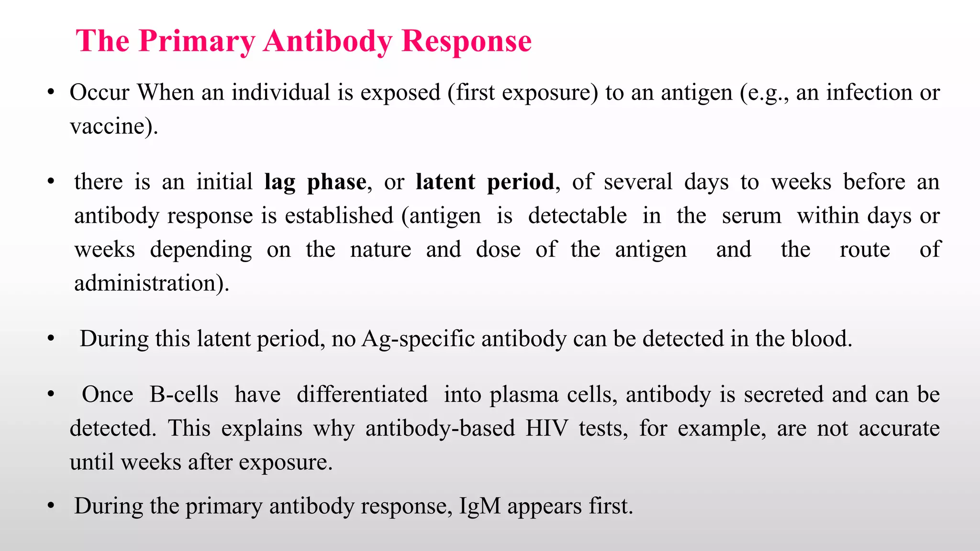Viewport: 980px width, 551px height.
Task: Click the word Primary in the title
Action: (x=197, y=41)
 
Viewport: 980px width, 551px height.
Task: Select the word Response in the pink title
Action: (x=467, y=41)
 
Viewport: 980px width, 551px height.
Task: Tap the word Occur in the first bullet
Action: (x=100, y=92)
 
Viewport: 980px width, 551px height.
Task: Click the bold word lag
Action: (x=279, y=182)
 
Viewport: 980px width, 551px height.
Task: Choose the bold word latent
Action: (x=445, y=182)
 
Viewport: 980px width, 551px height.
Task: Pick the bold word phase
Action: (x=336, y=182)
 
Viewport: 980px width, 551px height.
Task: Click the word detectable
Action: (x=577, y=216)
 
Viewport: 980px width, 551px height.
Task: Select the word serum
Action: (x=751, y=216)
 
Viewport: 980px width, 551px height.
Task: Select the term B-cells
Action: (x=184, y=395)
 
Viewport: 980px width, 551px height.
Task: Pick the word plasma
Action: (x=524, y=395)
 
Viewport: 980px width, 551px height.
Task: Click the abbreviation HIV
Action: (x=546, y=428)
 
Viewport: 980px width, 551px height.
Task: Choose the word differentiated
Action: (x=362, y=395)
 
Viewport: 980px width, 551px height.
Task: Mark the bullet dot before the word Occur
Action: (x=51, y=93)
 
